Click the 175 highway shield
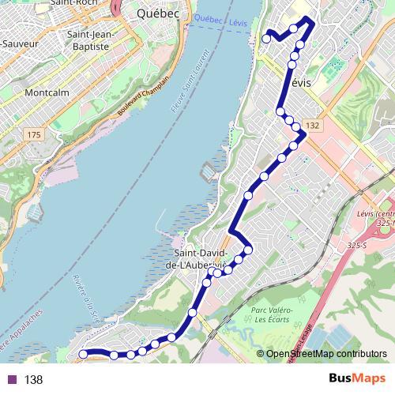point(33,136)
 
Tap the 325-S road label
point(357,246)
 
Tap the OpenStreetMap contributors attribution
point(325,355)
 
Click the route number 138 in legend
point(33,380)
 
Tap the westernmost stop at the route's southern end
point(83,355)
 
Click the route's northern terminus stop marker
point(267,38)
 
